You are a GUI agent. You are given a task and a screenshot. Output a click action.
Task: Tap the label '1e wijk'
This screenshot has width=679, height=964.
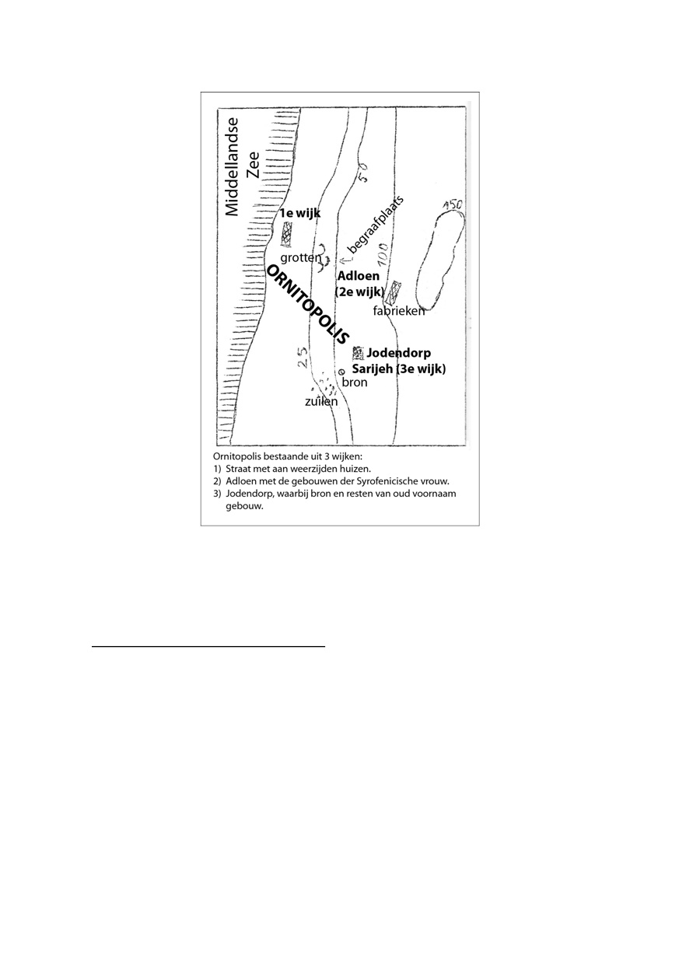coord(300,213)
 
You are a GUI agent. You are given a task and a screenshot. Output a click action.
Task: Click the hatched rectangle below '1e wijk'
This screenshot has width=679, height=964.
coord(287,234)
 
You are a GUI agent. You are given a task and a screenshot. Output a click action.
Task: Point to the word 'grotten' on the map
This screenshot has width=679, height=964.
coord(299,257)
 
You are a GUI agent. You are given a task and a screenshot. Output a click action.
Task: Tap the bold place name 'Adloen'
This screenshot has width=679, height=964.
coord(358,276)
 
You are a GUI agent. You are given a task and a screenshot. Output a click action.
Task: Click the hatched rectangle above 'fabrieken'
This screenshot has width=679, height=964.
coord(396,292)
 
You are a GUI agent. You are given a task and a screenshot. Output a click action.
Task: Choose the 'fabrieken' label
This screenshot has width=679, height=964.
coord(399,312)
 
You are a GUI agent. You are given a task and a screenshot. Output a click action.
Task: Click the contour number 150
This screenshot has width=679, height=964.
coord(453,206)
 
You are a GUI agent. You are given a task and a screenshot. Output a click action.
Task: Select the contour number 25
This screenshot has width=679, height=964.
coord(303,357)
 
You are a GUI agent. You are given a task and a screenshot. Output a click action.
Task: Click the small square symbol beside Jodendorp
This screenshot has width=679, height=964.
coord(358,352)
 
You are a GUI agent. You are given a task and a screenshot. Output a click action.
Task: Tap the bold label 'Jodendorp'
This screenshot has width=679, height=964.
coord(398,354)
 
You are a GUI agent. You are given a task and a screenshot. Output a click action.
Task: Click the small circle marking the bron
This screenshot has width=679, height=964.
coord(341,372)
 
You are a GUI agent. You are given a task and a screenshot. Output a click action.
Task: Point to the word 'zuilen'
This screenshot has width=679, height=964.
coord(321,402)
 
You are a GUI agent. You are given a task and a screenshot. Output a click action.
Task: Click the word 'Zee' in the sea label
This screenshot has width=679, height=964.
coord(254,165)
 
